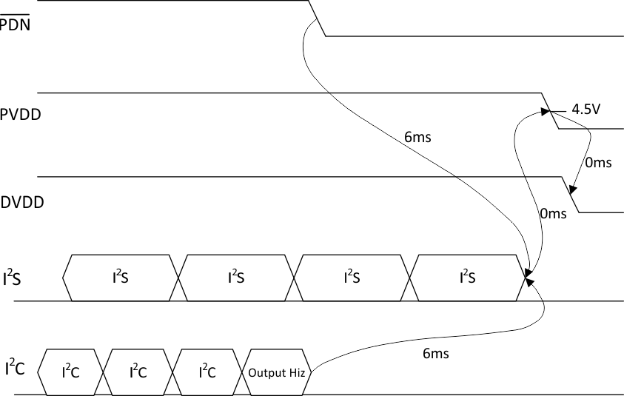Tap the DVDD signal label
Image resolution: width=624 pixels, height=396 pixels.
[x=23, y=201]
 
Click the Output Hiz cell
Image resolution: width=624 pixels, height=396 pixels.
[x=278, y=371]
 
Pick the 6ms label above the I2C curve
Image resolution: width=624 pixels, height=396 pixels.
[x=435, y=353]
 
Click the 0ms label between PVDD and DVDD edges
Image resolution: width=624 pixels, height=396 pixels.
[x=598, y=164]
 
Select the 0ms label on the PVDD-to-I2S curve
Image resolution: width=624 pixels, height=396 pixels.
[x=553, y=213]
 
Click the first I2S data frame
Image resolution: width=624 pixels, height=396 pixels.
[x=121, y=278]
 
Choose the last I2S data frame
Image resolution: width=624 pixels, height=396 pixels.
[x=467, y=278]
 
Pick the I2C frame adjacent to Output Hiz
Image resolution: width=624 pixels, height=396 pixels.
[x=208, y=371]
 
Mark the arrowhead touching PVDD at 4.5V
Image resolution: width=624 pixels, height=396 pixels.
[x=548, y=113]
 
